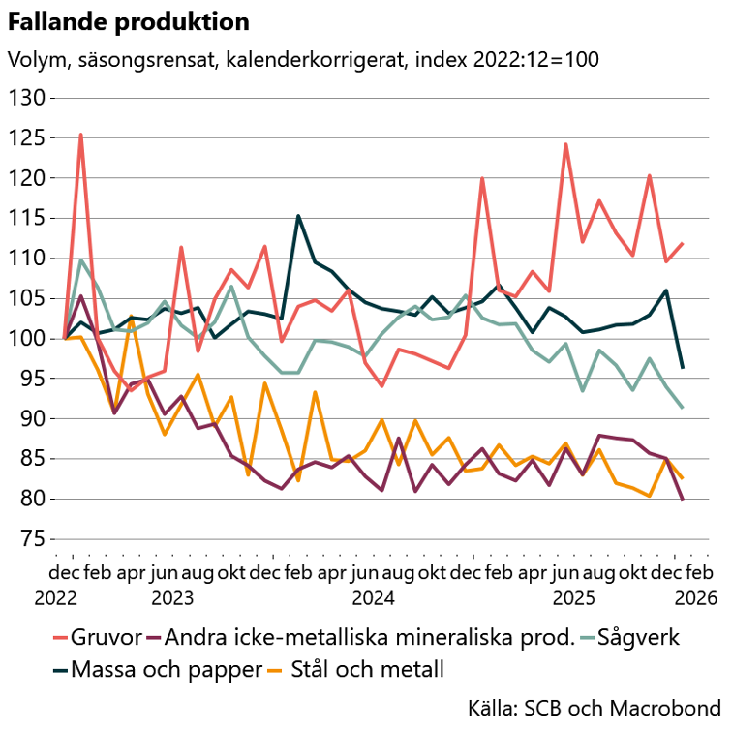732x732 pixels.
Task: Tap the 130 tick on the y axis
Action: point(27,98)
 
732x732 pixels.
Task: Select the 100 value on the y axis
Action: point(27,339)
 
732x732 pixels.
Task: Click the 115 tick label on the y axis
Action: point(27,219)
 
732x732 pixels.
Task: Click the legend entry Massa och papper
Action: point(155,669)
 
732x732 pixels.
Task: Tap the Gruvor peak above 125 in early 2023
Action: point(80,135)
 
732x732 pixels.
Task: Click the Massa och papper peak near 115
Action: point(298,215)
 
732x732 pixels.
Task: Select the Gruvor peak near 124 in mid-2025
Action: point(565,144)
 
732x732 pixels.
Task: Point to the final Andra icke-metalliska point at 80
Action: point(682,499)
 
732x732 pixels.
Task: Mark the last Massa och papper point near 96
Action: point(682,368)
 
